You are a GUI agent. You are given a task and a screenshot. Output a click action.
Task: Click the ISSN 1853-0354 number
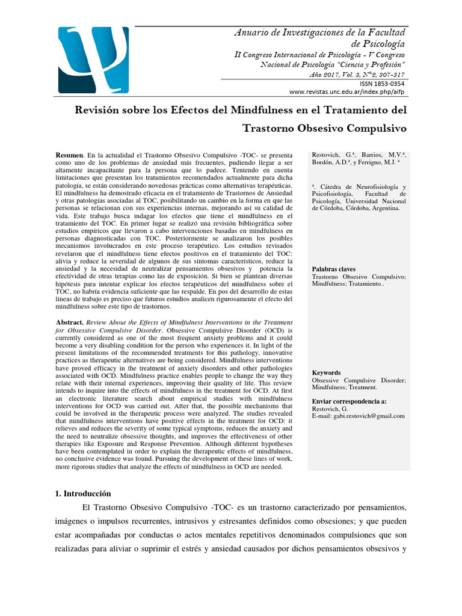(382, 84)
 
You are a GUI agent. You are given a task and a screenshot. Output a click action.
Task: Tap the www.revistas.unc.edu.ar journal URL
(347, 92)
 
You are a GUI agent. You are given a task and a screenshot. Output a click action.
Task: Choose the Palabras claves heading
(334, 269)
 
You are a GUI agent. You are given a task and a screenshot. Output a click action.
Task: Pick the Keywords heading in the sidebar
(327, 373)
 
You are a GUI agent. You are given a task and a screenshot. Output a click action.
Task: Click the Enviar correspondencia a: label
(350, 401)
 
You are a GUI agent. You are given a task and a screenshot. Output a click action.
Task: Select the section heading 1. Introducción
(84, 493)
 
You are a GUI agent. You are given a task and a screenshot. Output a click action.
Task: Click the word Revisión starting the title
(98, 110)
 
